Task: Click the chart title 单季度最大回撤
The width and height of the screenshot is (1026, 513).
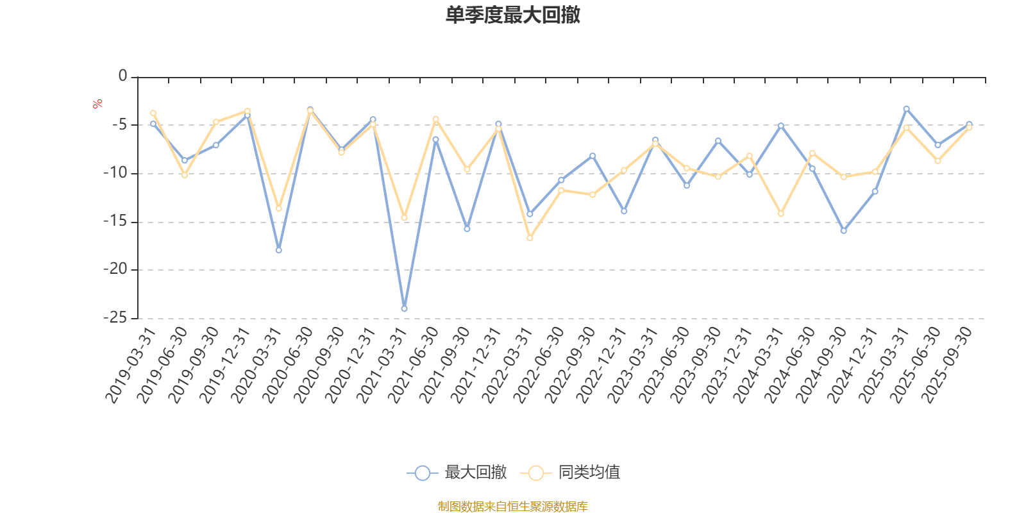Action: tap(513, 15)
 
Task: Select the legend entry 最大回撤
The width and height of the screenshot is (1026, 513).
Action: tap(457, 473)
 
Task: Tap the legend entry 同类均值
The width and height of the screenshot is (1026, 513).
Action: tap(570, 473)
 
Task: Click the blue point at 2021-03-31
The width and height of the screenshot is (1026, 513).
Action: tap(404, 308)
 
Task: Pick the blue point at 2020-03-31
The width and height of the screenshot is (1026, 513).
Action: tap(278, 250)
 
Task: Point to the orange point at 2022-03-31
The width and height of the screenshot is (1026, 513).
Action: tap(530, 238)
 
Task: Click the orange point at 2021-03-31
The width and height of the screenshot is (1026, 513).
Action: tap(404, 218)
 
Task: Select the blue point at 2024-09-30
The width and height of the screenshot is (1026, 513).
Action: tap(844, 230)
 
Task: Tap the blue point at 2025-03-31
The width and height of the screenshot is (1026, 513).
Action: tap(906, 108)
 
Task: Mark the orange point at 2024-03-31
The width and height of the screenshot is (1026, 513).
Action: tap(781, 214)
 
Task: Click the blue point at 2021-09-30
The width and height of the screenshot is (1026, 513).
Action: tap(467, 228)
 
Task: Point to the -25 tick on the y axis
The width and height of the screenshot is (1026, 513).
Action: tap(116, 317)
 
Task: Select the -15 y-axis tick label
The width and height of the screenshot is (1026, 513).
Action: tap(116, 221)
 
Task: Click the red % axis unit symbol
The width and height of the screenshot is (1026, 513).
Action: tap(97, 103)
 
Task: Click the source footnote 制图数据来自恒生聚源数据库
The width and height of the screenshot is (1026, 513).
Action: tap(513, 507)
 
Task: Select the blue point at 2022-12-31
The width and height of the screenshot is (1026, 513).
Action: tap(624, 211)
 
